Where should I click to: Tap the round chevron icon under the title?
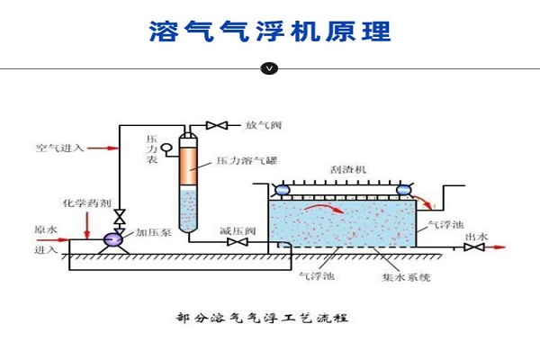(x=269, y=67)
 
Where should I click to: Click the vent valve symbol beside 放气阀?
(x=216, y=124)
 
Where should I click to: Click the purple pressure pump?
(x=114, y=238)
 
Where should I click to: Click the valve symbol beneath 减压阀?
(x=237, y=242)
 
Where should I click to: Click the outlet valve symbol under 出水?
(x=469, y=247)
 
